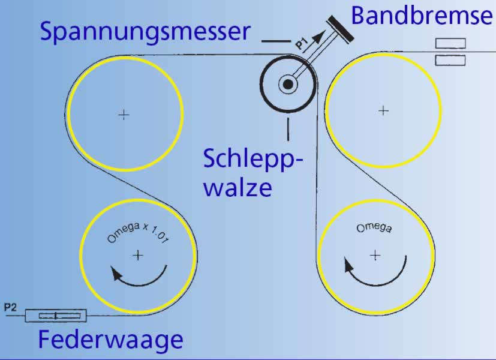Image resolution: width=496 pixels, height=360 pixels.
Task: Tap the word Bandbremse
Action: [x=422, y=16]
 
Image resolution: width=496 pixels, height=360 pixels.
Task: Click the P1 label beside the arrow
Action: [x=302, y=42]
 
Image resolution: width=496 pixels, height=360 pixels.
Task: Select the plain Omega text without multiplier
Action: [x=374, y=228]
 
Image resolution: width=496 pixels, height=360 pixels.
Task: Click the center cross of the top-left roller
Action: [x=124, y=114]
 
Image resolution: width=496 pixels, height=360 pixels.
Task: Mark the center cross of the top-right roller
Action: [x=384, y=110]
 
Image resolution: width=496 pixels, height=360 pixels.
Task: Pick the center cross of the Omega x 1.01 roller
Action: [x=138, y=255]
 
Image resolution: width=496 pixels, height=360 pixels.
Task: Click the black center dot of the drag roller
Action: [x=288, y=85]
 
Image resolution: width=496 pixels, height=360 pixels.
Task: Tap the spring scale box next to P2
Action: [x=55, y=316]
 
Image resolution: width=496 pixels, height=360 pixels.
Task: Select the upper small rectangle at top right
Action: [x=450, y=43]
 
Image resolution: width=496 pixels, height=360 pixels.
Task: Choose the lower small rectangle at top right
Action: [x=450, y=59]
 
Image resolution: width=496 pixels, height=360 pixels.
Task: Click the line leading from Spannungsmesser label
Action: [x=275, y=41]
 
